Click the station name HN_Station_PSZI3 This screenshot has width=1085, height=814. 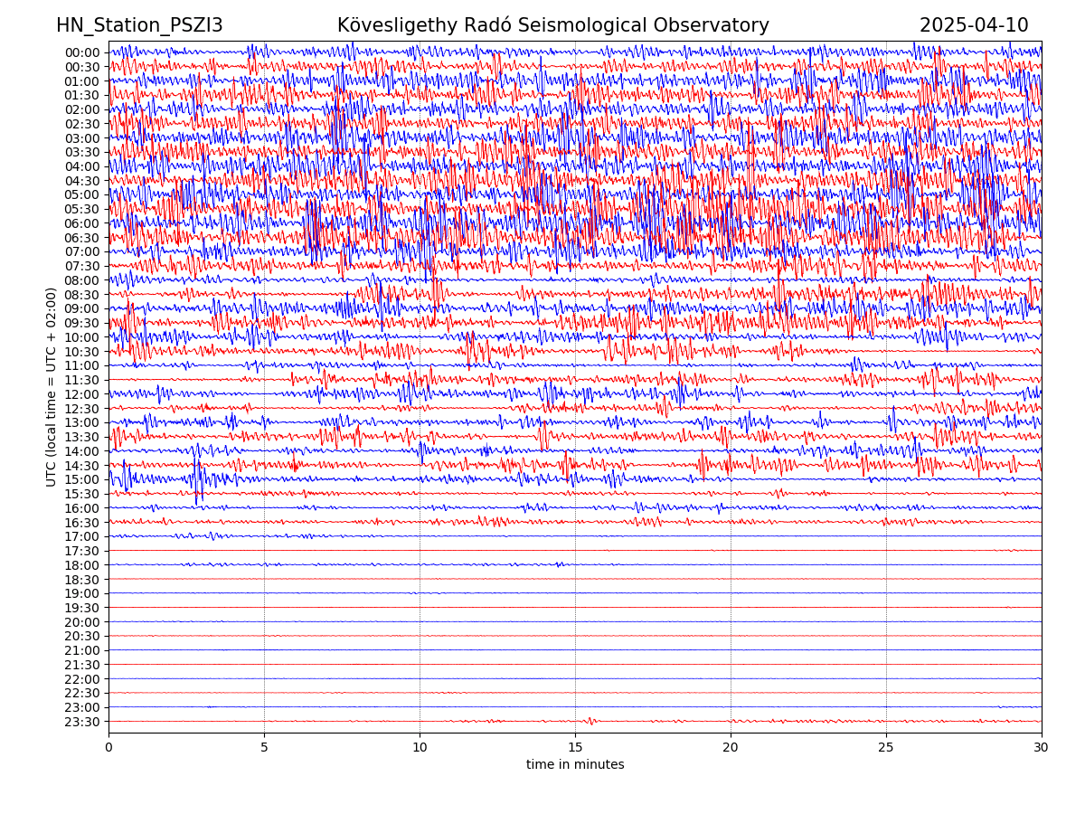[139, 25]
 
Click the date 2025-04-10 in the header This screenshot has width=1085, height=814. [974, 25]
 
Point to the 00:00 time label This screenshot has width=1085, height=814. [82, 52]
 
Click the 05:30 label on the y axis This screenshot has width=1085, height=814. [82, 209]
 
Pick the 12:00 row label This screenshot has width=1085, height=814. [82, 394]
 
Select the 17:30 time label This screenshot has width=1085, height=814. [82, 551]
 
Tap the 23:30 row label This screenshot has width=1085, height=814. [82, 722]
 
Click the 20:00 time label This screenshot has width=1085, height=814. [82, 622]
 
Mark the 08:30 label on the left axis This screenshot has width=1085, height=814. [82, 295]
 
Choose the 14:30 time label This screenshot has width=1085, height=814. [82, 466]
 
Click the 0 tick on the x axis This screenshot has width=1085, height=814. [108, 748]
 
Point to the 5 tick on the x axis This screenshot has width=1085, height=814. [264, 748]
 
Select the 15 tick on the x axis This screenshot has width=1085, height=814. [575, 748]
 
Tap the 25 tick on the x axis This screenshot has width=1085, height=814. [886, 748]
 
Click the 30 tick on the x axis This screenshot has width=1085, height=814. [1042, 748]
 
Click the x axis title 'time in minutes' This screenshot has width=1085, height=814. [575, 765]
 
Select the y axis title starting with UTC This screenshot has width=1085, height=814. [52, 387]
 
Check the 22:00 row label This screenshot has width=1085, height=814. [82, 679]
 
